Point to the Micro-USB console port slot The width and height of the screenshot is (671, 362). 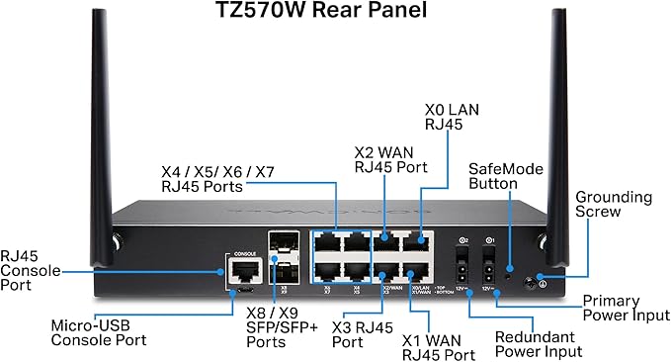(x=242, y=292)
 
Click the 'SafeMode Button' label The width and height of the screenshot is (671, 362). (x=506, y=177)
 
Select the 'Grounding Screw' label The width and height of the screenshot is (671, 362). (x=614, y=204)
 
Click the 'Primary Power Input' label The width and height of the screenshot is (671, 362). (x=625, y=308)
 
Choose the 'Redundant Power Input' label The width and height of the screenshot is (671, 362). (x=538, y=343)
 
